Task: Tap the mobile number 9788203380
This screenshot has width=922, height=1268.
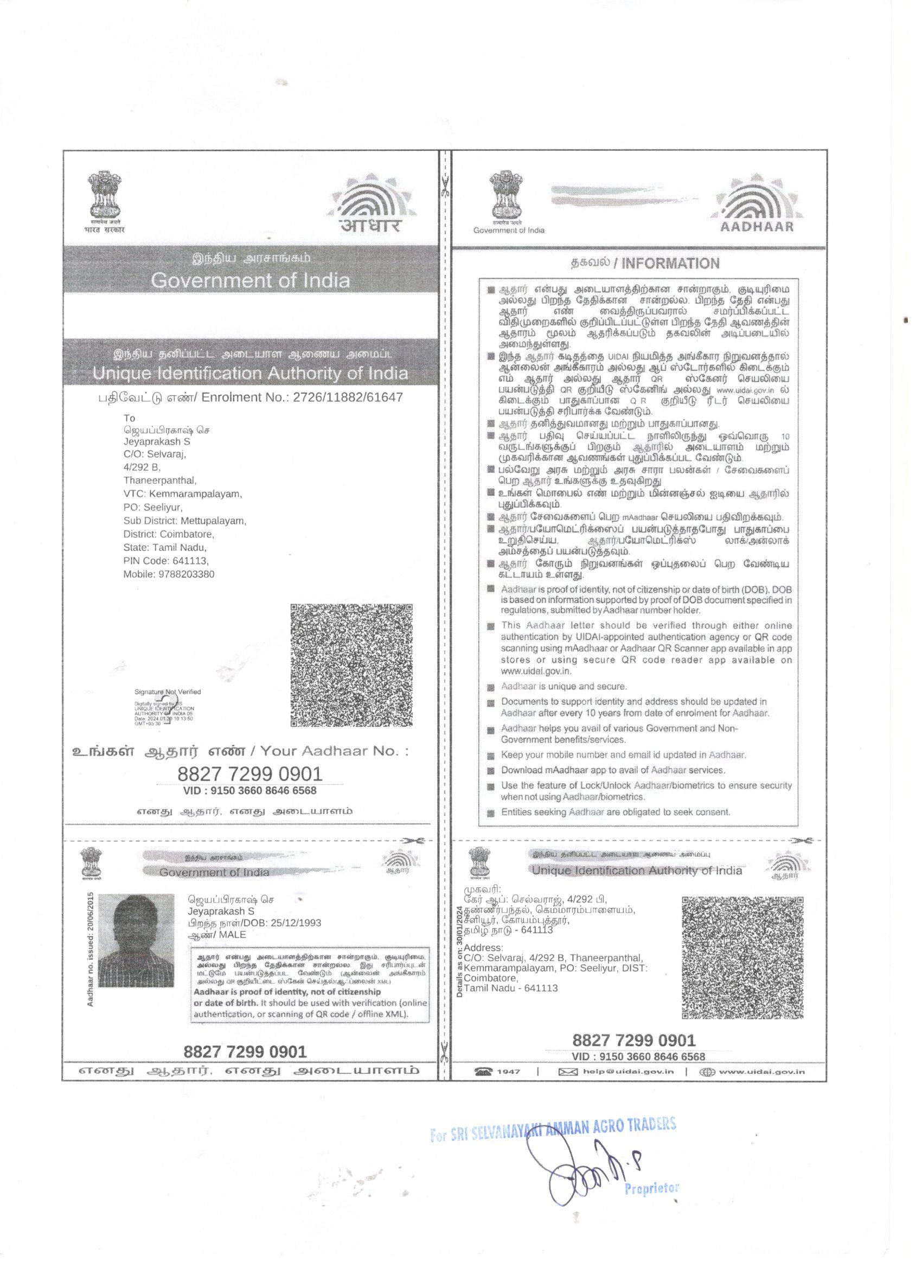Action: tap(169, 574)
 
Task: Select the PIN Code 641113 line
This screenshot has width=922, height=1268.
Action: tap(165, 561)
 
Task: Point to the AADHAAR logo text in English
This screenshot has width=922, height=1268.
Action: tap(757, 227)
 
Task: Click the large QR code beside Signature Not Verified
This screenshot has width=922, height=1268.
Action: tap(351, 665)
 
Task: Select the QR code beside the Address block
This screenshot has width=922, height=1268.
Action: tap(742, 958)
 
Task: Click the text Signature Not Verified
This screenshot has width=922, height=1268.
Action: tap(167, 691)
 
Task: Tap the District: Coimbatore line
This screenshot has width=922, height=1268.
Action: tap(168, 534)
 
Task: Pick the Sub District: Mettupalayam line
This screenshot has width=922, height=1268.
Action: tap(184, 521)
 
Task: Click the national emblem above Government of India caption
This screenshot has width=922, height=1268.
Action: tap(508, 196)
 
